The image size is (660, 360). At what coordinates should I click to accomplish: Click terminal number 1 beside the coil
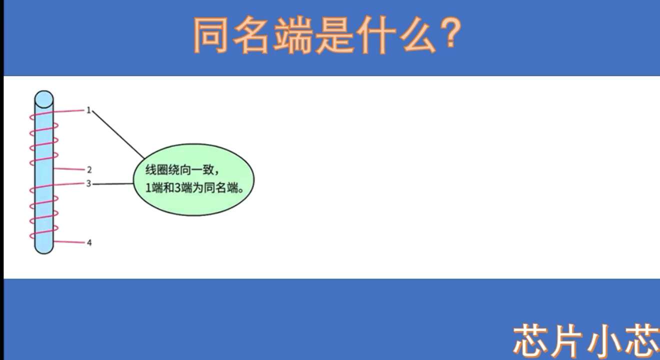click(x=88, y=110)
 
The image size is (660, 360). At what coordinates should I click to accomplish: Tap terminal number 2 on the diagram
click(x=89, y=169)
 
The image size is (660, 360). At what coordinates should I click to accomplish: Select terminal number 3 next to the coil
click(x=88, y=184)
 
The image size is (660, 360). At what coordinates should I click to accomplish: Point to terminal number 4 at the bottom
click(x=89, y=242)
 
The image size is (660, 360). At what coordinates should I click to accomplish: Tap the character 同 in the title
click(x=210, y=35)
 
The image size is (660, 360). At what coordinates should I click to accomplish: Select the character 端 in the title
click(x=292, y=35)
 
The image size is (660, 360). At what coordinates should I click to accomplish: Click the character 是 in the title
click(x=334, y=35)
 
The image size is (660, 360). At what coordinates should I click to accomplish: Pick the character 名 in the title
click(x=251, y=35)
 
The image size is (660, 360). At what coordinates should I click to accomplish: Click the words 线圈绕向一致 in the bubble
click(x=179, y=170)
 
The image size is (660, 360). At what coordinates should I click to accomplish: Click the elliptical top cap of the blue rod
click(x=44, y=99)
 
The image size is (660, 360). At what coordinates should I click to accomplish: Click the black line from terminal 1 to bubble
click(x=118, y=134)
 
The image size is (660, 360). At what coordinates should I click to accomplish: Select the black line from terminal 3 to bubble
click(x=113, y=184)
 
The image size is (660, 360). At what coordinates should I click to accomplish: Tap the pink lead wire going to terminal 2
click(x=69, y=169)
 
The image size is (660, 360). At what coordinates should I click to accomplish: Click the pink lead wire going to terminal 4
click(x=69, y=242)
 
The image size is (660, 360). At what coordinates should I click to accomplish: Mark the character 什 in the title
click(x=375, y=35)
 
